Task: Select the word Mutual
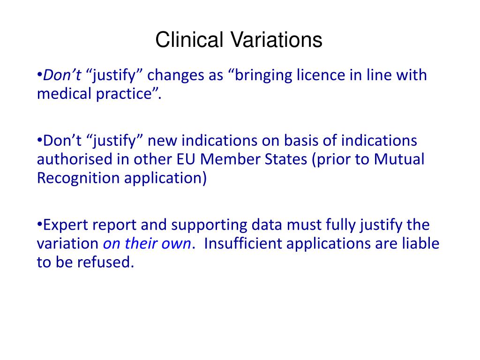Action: tap(399, 159)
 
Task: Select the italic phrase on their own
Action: tap(147, 244)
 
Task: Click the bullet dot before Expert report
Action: tap(39, 225)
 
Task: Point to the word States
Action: tap(286, 159)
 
